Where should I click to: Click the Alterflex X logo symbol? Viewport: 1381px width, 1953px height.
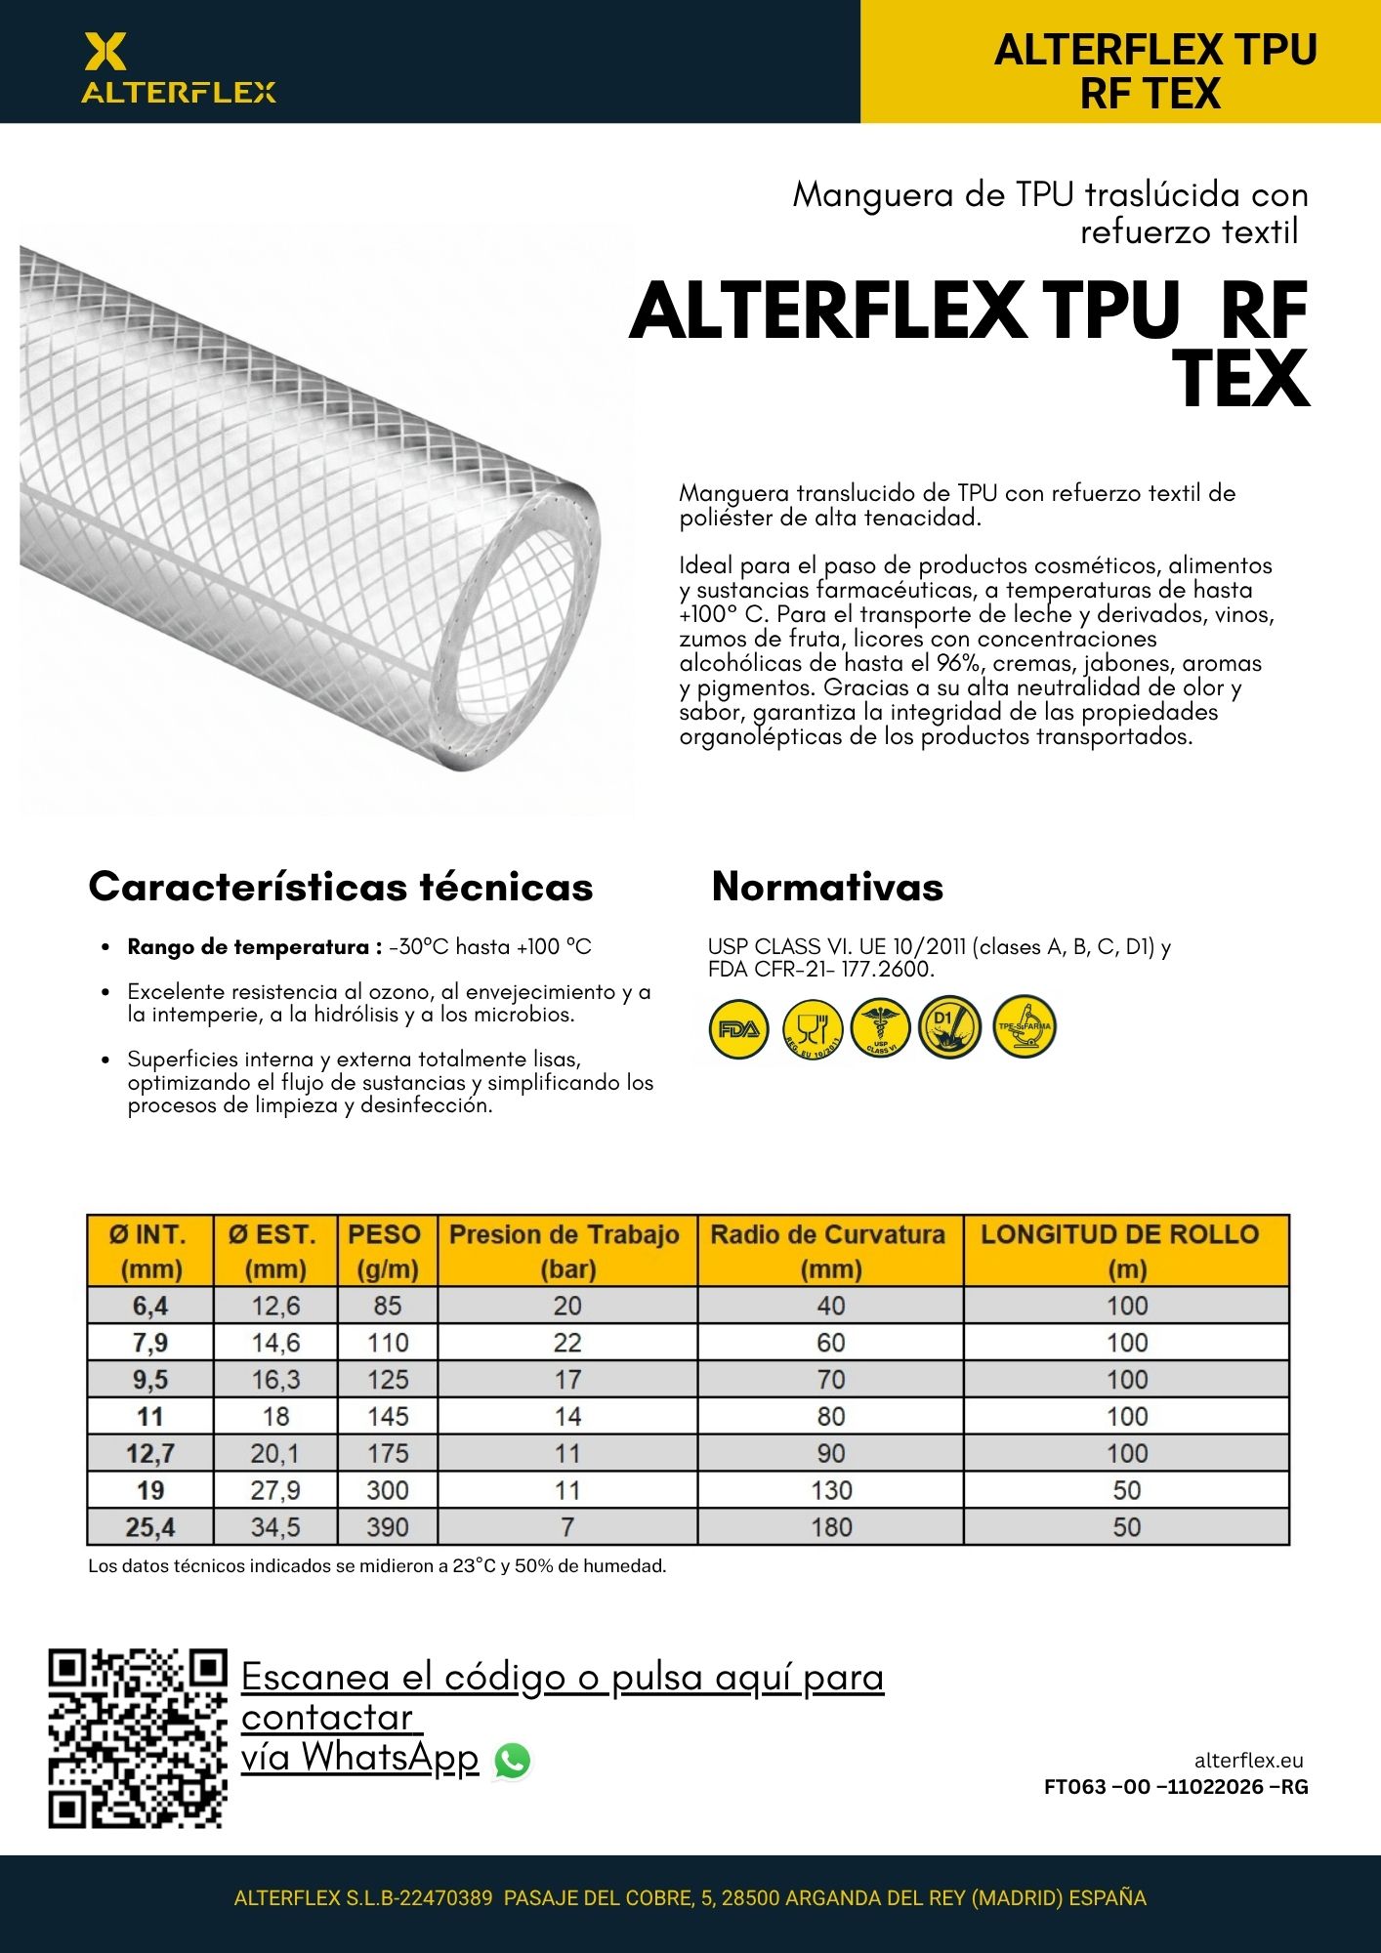[105, 52]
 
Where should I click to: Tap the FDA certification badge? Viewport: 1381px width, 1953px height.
[738, 1028]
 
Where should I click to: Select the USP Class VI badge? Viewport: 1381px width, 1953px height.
[880, 1028]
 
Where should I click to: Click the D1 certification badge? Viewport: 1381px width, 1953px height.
[949, 1027]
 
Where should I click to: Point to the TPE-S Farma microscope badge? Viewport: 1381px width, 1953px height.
[1024, 1027]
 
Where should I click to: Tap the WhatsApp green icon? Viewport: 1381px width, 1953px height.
[513, 1761]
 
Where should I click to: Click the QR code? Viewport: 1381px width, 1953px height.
[138, 1739]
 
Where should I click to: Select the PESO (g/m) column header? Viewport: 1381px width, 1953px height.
[387, 1251]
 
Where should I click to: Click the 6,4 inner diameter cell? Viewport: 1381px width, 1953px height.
[150, 1306]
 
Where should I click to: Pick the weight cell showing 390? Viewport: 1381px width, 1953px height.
[387, 1527]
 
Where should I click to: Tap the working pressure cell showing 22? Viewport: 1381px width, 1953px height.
[567, 1343]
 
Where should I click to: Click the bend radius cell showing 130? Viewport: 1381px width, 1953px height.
[830, 1490]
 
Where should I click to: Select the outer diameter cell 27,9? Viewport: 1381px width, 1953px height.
[275, 1490]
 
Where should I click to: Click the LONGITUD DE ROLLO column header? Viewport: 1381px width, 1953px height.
[1126, 1251]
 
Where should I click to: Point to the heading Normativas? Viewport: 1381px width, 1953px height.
[827, 887]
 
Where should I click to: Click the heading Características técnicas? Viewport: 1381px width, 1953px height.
[341, 887]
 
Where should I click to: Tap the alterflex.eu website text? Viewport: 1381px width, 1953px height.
[1248, 1761]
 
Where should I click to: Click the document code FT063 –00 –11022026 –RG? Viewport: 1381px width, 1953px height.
[1176, 1787]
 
